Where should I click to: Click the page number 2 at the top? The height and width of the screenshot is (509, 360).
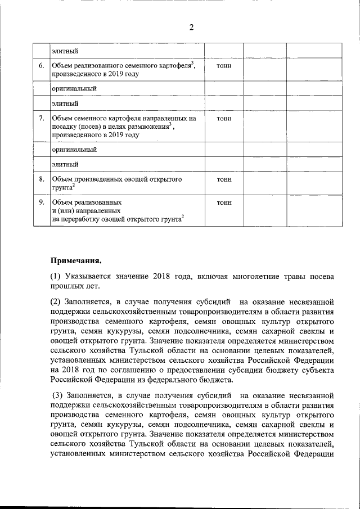click(191, 29)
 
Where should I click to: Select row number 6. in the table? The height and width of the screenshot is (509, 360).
click(41, 66)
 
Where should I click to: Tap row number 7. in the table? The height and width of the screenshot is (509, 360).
click(41, 119)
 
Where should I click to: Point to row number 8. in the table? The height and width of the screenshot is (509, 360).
click(41, 179)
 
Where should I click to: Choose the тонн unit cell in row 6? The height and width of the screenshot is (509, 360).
click(223, 66)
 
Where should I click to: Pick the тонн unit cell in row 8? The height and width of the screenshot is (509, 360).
click(223, 179)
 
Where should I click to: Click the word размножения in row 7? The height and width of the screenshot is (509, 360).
click(149, 127)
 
